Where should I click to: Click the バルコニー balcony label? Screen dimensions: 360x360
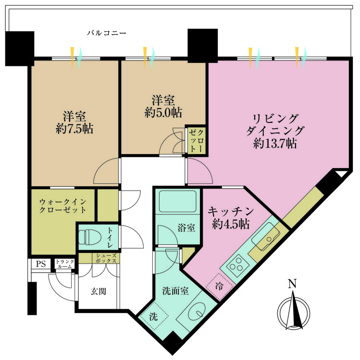point(107,33)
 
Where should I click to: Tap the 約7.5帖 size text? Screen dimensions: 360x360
point(74,129)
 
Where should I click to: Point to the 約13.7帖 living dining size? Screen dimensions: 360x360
point(275,143)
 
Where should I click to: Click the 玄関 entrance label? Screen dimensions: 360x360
point(98,290)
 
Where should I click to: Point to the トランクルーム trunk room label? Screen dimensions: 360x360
point(65,264)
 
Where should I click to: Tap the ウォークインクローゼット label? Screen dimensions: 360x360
point(62,205)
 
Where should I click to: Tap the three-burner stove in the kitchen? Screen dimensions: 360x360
point(236,266)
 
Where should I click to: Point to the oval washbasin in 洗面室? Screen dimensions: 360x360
point(196,312)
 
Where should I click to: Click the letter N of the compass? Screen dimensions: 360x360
point(292,284)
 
